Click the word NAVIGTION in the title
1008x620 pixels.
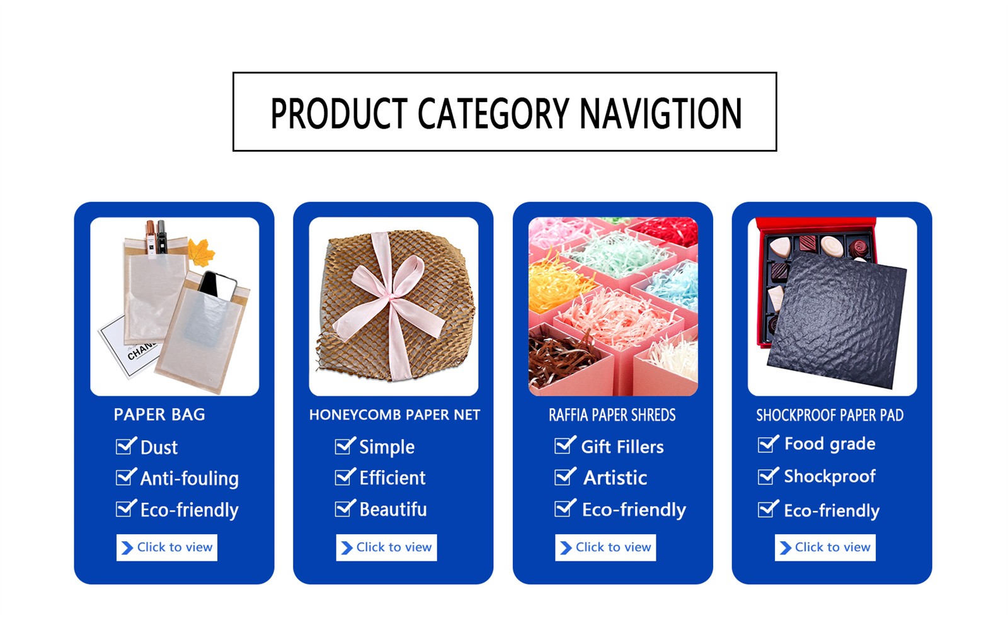(x=661, y=113)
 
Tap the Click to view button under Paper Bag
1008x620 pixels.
(x=166, y=548)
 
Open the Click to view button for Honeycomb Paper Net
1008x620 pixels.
(x=386, y=548)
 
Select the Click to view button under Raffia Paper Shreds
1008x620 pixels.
(x=605, y=548)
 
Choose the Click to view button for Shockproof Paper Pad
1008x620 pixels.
(x=825, y=548)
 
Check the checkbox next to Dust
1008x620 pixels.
(x=125, y=446)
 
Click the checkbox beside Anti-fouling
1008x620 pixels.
(x=125, y=478)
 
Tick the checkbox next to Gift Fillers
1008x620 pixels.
(x=564, y=445)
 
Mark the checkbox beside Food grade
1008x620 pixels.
(x=768, y=444)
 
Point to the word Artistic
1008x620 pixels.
(x=615, y=478)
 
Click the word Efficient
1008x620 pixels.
(x=392, y=478)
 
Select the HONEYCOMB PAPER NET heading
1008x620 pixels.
(x=394, y=415)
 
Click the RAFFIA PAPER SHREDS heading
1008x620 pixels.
(x=612, y=415)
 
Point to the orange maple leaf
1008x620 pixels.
(x=200, y=253)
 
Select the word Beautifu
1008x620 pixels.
(x=393, y=509)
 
